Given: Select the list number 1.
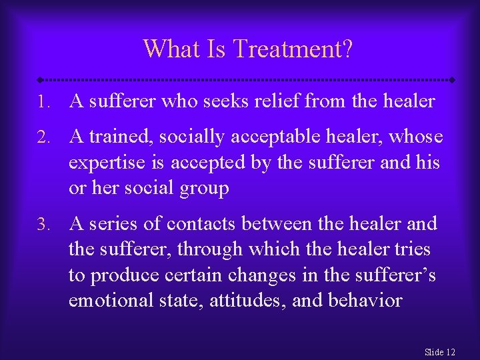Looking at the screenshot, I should (43, 102).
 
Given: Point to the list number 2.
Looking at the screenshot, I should (43, 137).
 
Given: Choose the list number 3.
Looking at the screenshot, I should (43, 225).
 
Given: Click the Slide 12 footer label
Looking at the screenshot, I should (440, 352).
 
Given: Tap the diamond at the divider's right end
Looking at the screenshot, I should (452, 79).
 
